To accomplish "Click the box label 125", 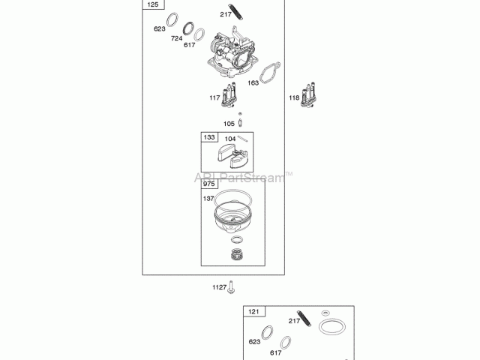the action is (153, 4).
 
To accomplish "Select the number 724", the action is (177, 38).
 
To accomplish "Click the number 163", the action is (253, 82).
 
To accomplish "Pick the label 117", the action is (214, 97).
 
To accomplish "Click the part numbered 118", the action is (308, 95).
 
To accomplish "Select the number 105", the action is (229, 124).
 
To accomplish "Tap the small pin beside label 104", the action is (242, 139).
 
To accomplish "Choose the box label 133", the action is (209, 137).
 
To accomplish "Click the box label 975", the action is (209, 184).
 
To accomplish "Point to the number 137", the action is (208, 199).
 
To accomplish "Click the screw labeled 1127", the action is (231, 287).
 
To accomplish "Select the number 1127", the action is (220, 287).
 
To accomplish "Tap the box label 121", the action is (253, 312).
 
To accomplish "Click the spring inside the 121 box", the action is (304, 318).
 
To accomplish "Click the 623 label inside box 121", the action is (254, 342).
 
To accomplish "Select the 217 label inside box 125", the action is (226, 14).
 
